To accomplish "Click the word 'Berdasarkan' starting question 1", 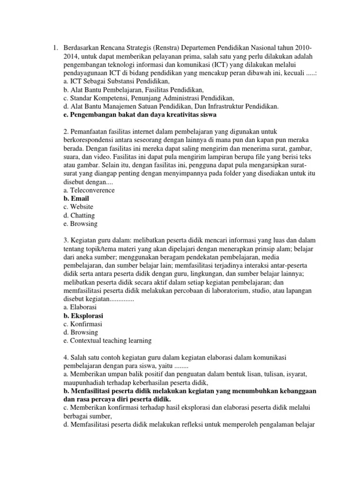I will [83, 48].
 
